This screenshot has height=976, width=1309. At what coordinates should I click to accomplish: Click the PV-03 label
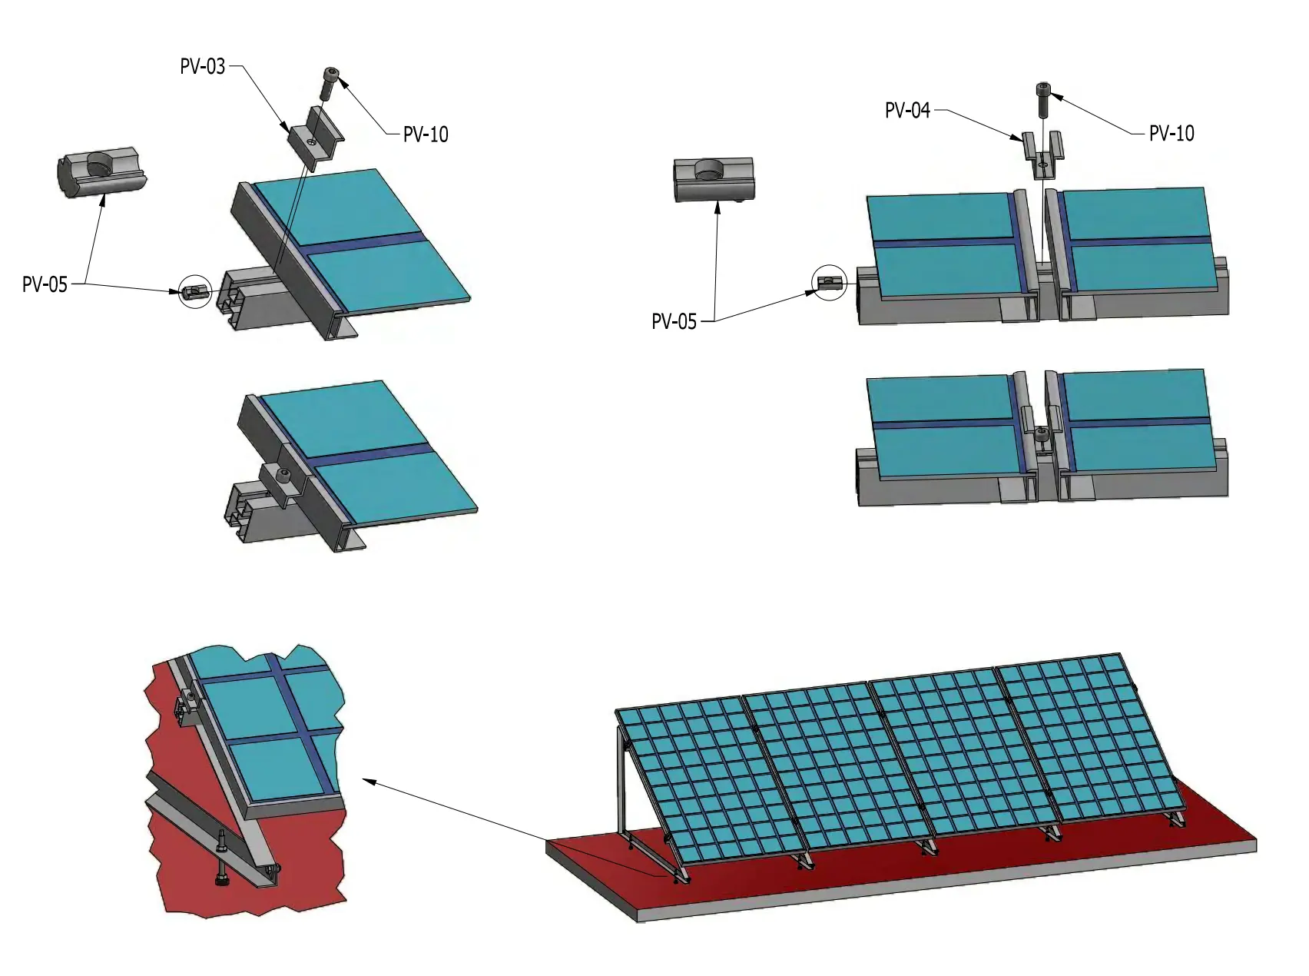point(203,67)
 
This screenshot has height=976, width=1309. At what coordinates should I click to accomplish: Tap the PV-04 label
point(907,111)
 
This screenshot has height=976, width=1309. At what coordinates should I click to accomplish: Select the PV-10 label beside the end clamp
point(426,134)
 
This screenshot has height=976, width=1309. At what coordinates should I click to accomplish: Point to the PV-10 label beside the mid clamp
point(1171,133)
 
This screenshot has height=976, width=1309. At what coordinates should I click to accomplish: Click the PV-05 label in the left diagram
point(45,284)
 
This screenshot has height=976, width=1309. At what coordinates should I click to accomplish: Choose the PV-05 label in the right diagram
point(674,321)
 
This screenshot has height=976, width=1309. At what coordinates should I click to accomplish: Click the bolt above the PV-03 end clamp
point(328,83)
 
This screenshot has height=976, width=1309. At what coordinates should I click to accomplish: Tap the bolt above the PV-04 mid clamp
point(1043,99)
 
